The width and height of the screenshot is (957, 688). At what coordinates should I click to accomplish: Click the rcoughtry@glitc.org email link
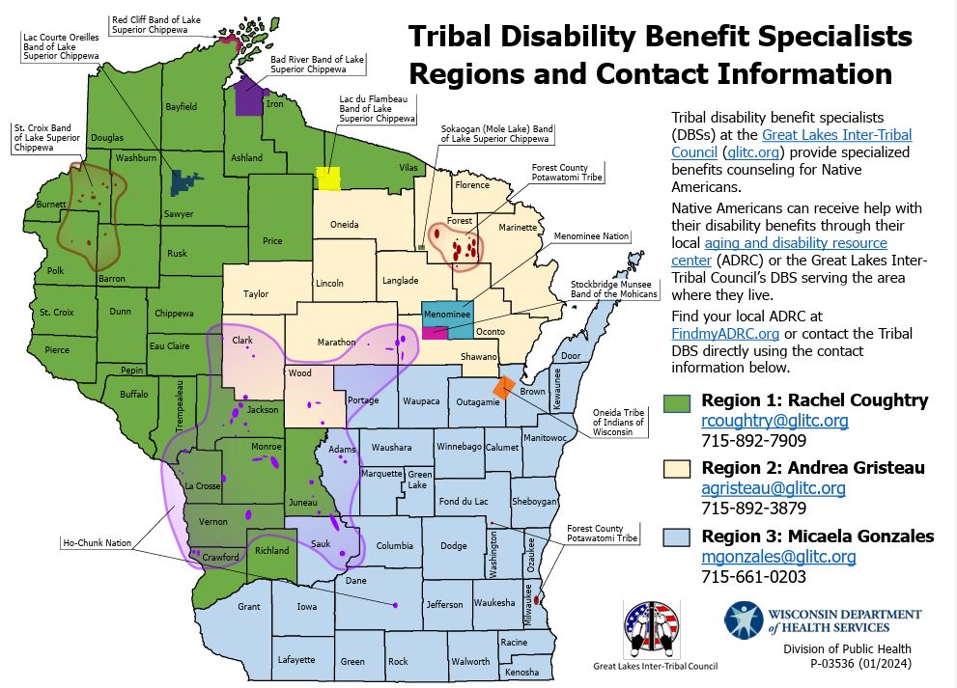774,421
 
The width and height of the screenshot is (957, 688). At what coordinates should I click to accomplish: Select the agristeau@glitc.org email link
773,488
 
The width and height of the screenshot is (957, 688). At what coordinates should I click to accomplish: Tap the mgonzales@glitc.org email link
778,557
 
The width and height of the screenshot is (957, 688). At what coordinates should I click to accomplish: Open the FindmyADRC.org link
712,333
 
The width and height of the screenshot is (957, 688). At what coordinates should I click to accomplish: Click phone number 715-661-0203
753,577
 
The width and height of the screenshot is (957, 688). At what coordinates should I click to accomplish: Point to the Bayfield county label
181,106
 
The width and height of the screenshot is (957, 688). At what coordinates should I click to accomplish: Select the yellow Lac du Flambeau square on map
328,179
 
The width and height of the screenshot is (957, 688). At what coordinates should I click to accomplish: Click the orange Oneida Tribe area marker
503,386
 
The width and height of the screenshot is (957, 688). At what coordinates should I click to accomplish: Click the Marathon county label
337,343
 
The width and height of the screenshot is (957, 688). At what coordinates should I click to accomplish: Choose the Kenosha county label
522,671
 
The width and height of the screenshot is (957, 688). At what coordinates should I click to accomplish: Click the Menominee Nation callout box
590,235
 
